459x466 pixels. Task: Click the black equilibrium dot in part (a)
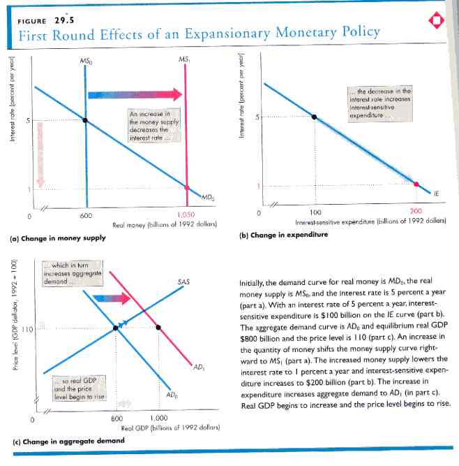coord(86,120)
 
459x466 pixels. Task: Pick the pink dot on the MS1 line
coord(186,187)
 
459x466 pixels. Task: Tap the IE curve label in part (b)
coord(436,194)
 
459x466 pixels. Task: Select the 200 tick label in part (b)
coord(417,211)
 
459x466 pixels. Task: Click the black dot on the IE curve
coord(314,116)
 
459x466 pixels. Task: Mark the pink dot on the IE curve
coord(417,184)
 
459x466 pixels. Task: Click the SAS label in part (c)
coord(184,282)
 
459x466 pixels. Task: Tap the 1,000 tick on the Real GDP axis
coord(160,417)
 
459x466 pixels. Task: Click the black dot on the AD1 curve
coord(159,327)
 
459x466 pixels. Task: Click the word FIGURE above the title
coord(30,20)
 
